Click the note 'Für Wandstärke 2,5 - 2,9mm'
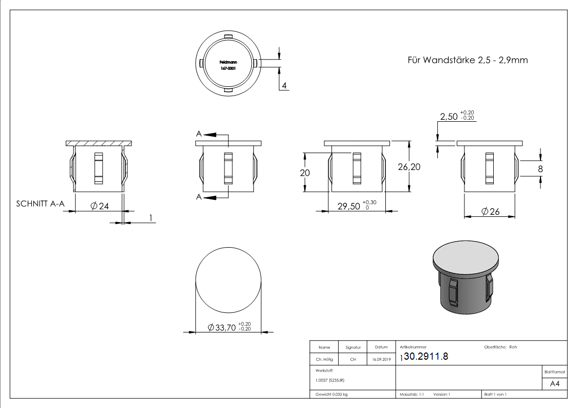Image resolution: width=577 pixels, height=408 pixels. [467, 60]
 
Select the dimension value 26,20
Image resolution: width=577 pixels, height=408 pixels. [408, 167]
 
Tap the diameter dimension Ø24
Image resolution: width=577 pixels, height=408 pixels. [100, 206]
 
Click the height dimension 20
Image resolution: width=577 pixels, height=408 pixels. [305, 173]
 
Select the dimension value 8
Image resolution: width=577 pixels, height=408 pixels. [540, 169]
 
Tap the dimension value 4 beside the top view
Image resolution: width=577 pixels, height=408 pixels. [284, 85]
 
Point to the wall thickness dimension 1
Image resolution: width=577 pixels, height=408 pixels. [151, 218]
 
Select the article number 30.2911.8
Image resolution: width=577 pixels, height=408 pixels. [426, 357]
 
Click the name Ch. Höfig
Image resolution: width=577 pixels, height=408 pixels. [324, 360]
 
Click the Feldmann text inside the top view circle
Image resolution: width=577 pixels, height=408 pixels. [228, 62]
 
